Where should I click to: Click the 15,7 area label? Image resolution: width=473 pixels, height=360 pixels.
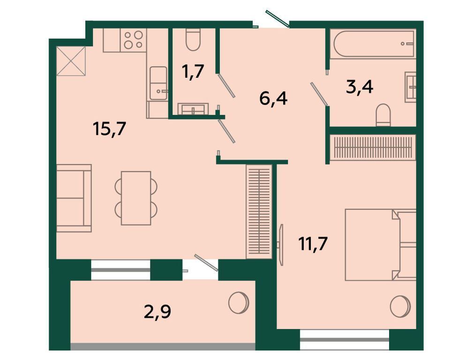[109, 130]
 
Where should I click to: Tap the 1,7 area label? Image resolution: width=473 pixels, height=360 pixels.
[194, 72]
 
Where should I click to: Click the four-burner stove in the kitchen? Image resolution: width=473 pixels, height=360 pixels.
[134, 40]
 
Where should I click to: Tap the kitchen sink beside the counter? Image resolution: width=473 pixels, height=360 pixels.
[158, 83]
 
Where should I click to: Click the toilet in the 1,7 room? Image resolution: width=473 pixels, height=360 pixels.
[193, 39]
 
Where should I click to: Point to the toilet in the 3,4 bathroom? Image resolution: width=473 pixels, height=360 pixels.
[383, 115]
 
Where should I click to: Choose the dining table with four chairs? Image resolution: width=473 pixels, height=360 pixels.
[136, 198]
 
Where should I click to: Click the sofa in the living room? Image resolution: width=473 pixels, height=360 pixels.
[74, 198]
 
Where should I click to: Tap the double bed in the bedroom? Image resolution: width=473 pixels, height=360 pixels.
[381, 245]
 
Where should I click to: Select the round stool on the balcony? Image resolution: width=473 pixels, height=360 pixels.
[239, 302]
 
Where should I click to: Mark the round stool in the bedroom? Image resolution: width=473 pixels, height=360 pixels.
[400, 307]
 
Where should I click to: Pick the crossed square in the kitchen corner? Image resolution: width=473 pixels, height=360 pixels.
[71, 61]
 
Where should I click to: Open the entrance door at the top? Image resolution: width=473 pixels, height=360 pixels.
[277, 19]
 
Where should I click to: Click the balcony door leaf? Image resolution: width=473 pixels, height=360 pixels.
[206, 263]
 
